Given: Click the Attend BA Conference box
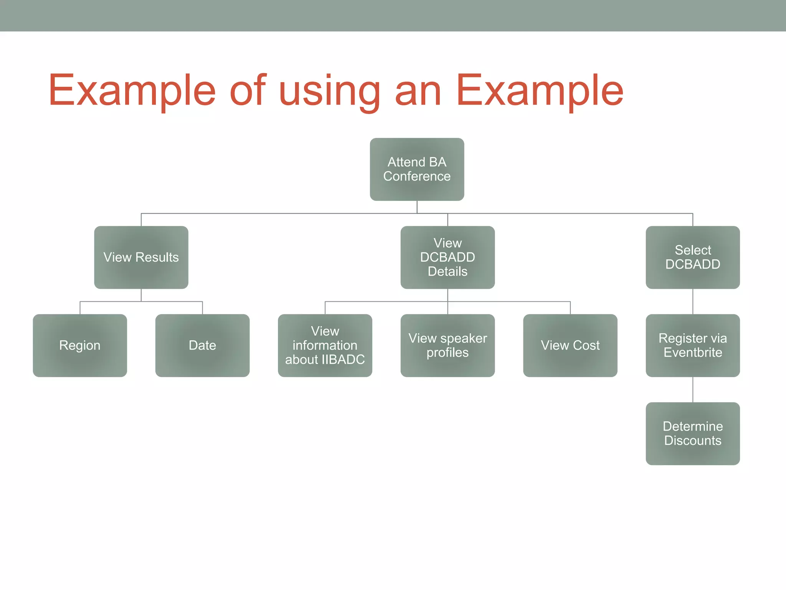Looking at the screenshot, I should (x=417, y=169).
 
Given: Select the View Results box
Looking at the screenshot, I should (x=141, y=257).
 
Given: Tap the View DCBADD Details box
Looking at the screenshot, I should (x=447, y=257).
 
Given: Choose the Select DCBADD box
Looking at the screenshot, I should (x=693, y=257).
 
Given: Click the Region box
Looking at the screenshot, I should (x=80, y=345).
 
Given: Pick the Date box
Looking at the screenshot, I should (x=202, y=345).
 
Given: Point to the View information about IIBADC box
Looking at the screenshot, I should (x=325, y=345).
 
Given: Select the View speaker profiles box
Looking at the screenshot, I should (x=447, y=345).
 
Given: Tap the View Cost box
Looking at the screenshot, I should (x=570, y=345).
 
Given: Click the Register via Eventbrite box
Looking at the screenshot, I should (x=693, y=345).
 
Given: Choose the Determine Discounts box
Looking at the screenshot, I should (x=693, y=433).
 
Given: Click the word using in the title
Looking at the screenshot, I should (x=330, y=91).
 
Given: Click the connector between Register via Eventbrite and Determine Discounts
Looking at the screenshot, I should (x=693, y=389).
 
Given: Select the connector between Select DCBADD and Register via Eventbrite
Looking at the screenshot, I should (x=693, y=302).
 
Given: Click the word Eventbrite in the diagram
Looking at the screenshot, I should (x=693, y=353).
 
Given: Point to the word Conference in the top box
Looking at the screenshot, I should (x=417, y=176).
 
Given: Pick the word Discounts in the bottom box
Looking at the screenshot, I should (x=693, y=441).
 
